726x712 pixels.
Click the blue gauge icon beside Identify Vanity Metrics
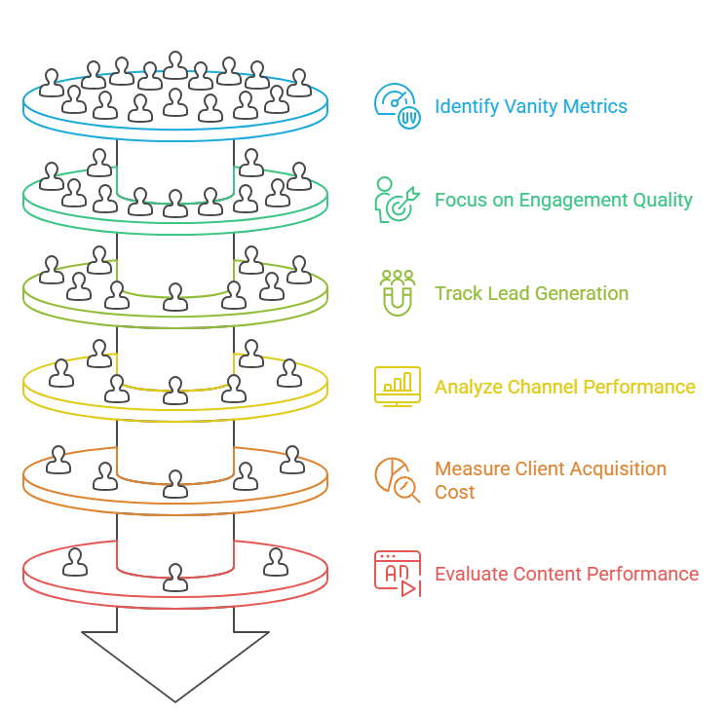coord(398,106)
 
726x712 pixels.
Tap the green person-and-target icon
coord(398,200)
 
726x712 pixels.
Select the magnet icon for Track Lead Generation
coord(398,292)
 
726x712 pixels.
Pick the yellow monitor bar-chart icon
coord(398,387)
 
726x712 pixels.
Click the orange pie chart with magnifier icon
coord(398,479)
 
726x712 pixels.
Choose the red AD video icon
coord(398,574)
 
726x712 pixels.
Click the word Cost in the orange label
coord(454,492)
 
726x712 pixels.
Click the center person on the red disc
coord(175,577)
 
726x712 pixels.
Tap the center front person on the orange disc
coord(175,483)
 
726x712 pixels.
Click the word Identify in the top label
coord(466,106)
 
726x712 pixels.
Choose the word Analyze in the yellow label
coord(469,387)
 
